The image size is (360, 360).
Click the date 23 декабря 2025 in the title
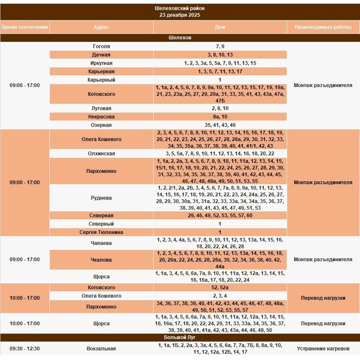[x=180, y=15]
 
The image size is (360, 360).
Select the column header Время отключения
[x=25, y=27]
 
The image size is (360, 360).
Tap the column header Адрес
[x=101, y=27]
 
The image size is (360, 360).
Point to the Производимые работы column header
[x=323, y=27]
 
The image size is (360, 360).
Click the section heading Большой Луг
[x=180, y=337]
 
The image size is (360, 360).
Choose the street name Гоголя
[x=101, y=46]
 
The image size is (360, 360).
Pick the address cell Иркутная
[x=101, y=63]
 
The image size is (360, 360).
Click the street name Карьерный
[x=101, y=80]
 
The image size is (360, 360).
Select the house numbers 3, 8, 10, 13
[x=220, y=55]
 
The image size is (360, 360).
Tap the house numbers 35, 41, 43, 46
[x=220, y=125]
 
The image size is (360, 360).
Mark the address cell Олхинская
[x=101, y=154]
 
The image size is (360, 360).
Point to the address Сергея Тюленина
[x=101, y=232]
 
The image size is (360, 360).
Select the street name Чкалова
[x=101, y=260]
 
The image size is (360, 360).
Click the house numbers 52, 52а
[x=220, y=288]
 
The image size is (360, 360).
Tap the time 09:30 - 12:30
[x=25, y=348]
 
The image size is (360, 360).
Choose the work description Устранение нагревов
[x=323, y=348]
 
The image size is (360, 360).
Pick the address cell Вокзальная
[x=101, y=348]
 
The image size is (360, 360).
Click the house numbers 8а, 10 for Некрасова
[x=220, y=117]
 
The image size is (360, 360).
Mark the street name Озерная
[x=101, y=125]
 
